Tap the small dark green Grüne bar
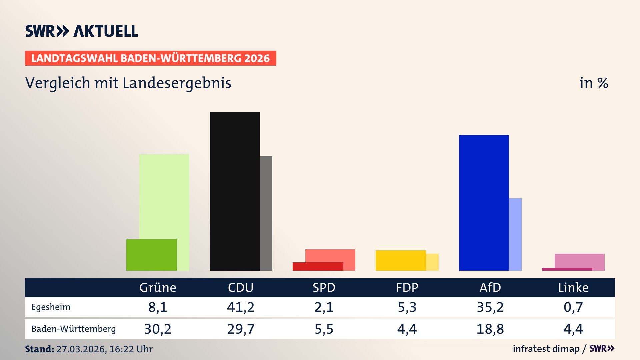(151, 255)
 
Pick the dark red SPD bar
(318, 267)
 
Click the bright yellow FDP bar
(401, 260)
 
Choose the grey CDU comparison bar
(266, 213)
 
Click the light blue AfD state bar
(515, 234)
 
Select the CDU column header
(241, 288)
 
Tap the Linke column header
(573, 288)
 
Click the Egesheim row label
(51, 307)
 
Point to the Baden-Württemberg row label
(73, 329)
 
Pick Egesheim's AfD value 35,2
(490, 307)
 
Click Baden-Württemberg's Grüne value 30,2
(158, 329)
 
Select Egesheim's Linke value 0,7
(573, 307)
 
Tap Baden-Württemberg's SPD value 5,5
(324, 329)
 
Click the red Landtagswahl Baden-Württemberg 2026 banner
(150, 58)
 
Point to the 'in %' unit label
(594, 83)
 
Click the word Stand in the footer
(39, 349)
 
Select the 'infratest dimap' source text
(546, 349)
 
